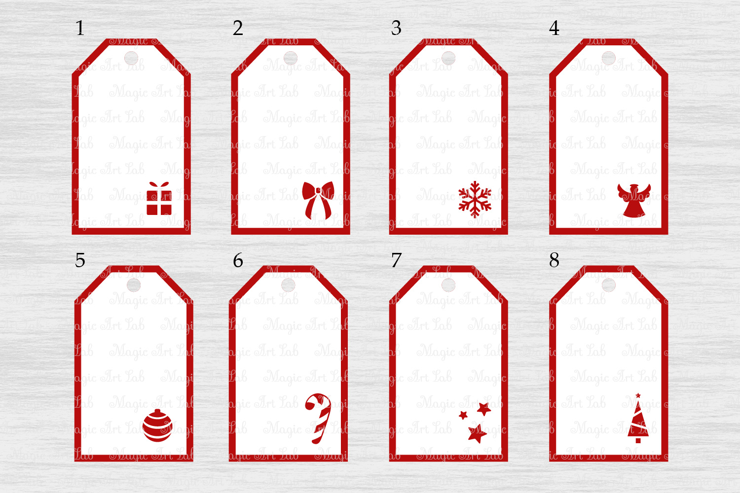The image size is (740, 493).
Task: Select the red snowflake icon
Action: pyautogui.click(x=475, y=200)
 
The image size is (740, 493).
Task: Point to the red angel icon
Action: pyautogui.click(x=634, y=200)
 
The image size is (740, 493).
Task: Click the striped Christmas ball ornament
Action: pyautogui.click(x=158, y=425)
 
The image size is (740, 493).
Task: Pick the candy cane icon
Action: pyautogui.click(x=318, y=418)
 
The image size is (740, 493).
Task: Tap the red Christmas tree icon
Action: pyautogui.click(x=638, y=422)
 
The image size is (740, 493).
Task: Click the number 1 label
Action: pyautogui.click(x=80, y=28)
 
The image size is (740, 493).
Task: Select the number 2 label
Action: pyautogui.click(x=238, y=28)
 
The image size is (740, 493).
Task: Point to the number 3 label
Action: pyautogui.click(x=396, y=28)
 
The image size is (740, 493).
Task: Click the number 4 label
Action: pyautogui.click(x=554, y=28)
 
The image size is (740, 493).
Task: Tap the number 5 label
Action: pyautogui.click(x=80, y=260)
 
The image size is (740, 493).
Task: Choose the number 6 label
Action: pyautogui.click(x=238, y=260)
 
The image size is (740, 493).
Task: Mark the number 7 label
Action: pyautogui.click(x=396, y=260)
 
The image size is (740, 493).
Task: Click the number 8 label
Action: pyautogui.click(x=554, y=260)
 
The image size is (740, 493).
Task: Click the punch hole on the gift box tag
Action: pyautogui.click(x=131, y=58)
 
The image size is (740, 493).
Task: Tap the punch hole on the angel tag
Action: pyautogui.click(x=609, y=58)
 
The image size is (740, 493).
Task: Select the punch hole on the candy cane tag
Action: pyautogui.click(x=288, y=285)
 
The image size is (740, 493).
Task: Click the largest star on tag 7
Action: pyautogui.click(x=477, y=433)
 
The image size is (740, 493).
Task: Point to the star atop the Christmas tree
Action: pyautogui.click(x=638, y=395)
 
